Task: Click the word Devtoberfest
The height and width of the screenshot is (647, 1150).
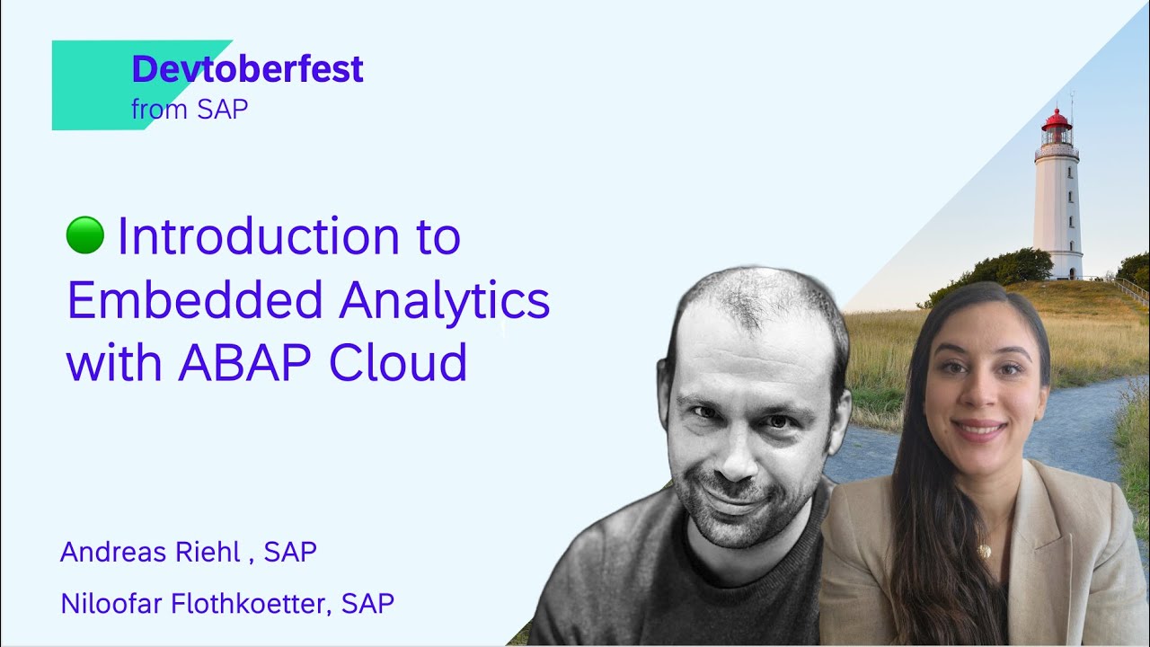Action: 247,69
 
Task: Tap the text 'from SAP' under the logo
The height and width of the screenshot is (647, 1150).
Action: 190,110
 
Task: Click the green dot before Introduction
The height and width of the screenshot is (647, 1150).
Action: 85,235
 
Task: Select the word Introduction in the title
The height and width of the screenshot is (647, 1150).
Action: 259,236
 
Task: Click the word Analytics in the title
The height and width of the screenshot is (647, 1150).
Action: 444,300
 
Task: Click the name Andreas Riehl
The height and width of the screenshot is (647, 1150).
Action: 150,552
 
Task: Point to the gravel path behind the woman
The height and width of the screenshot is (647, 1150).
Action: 1078,422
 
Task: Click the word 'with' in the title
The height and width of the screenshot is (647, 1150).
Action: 114,363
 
